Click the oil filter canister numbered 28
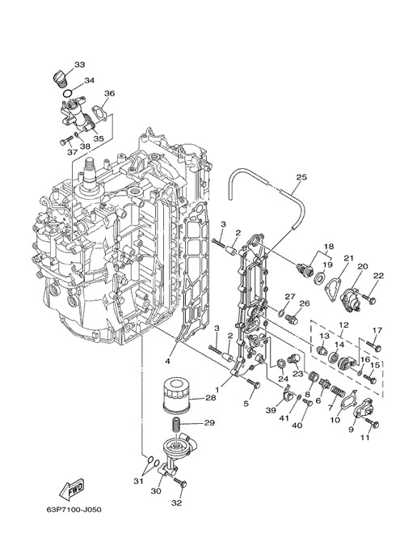coord(176,396)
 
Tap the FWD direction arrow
coord(72,487)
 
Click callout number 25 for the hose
coord(301,177)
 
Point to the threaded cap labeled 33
coord(60,79)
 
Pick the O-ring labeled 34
coord(67,94)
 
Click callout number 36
coord(109,93)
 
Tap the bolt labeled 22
coord(368,299)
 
